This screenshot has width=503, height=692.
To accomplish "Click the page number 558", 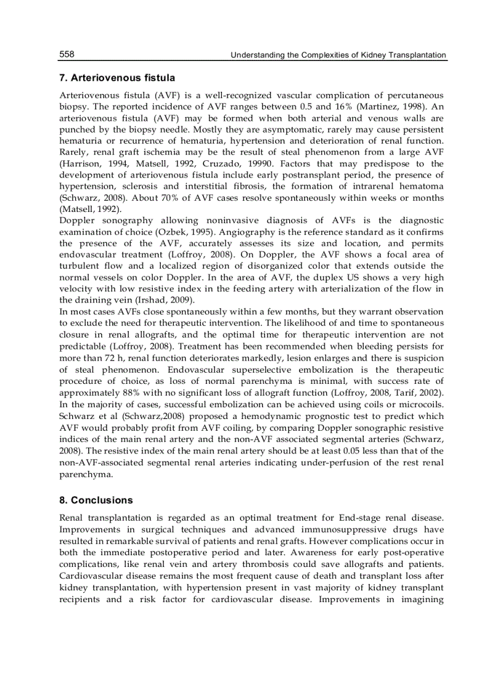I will point(67,55).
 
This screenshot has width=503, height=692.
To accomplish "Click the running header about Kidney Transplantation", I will point(338,55).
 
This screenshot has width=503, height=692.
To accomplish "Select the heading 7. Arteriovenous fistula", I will point(117,78).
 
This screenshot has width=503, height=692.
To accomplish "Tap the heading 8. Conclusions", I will point(96,500).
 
